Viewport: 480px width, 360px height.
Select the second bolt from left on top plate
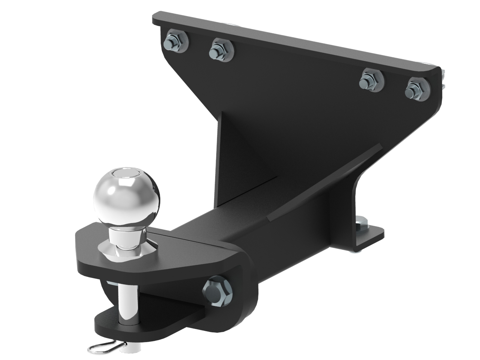tap(222, 49)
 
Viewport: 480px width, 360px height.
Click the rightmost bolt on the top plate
tap(416, 89)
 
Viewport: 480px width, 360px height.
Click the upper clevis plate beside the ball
tap(169, 255)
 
